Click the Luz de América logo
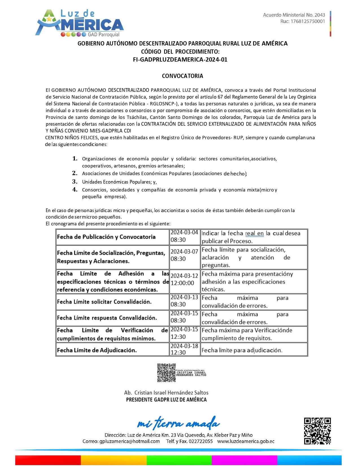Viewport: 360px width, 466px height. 79,23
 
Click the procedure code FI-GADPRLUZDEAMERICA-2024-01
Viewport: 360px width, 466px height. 180,60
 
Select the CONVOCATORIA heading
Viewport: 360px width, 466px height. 182,76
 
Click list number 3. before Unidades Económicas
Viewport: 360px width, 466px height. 75,182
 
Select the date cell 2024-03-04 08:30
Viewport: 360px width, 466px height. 184,236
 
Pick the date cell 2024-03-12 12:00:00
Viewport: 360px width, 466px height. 184,279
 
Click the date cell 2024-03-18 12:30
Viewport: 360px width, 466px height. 184,349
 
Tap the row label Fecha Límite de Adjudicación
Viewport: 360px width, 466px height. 97,350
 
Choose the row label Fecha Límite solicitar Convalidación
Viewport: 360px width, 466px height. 104,302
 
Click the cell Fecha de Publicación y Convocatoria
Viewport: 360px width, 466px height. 106,237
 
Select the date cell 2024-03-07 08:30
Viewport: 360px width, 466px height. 184,255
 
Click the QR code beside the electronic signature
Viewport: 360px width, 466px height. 166,373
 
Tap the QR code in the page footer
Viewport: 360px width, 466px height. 317,431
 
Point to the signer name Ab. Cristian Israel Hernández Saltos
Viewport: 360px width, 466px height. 166,393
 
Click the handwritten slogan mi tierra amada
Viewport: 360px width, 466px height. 178,423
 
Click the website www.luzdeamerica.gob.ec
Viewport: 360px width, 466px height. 246,441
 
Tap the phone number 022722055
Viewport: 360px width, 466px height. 201,441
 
